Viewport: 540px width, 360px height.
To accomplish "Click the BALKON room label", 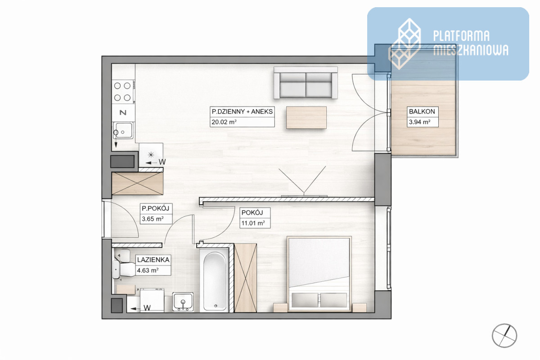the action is coord(422,112).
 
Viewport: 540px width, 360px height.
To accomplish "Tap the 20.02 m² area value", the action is coord(224,122).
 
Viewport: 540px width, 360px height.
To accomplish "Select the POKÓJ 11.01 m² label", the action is coord(255,218).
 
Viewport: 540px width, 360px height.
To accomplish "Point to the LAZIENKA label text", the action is coord(153,260).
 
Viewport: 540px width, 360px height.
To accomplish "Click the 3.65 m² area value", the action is coord(153,219).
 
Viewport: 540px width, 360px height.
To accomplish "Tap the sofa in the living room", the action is coord(306,83).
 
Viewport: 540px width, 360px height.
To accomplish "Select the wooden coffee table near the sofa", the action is coord(306,117).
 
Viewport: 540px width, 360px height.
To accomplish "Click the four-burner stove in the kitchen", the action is coord(122,92).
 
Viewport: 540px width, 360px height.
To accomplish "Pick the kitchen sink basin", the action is coord(123,130).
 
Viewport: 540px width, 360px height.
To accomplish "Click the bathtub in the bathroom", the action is coord(215,281).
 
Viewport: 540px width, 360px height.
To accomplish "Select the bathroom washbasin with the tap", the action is coord(183,302).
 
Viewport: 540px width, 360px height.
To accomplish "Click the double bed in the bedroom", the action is coord(319,274).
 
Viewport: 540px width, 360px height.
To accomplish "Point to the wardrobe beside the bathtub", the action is coord(245,278).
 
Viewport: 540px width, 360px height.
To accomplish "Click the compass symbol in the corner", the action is coord(504,336).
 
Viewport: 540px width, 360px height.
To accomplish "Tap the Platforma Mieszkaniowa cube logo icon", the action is coord(405,44).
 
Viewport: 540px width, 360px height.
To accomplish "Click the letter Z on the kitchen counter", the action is coord(123,112).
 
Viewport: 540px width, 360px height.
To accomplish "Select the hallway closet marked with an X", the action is coord(137,183).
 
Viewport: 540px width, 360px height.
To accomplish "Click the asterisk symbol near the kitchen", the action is coord(151,154).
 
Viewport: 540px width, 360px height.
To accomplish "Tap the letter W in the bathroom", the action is coord(147,308).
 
